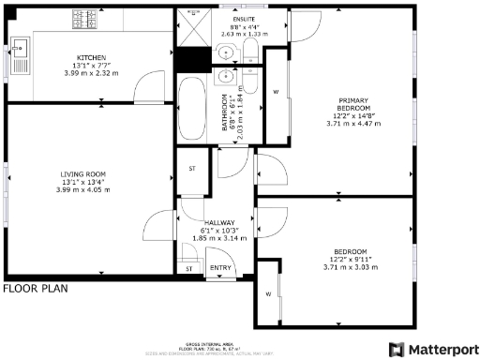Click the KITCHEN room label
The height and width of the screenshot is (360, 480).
coord(91,56)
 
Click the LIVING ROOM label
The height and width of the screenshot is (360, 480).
coord(82,174)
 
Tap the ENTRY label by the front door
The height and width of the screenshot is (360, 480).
coord(220,267)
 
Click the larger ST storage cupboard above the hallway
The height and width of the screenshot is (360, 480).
coord(191,170)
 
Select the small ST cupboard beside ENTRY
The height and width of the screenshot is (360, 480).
coord(188,269)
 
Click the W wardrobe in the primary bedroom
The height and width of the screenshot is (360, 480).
coord(277,92)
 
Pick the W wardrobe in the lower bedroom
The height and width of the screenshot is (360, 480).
coord(267,294)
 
